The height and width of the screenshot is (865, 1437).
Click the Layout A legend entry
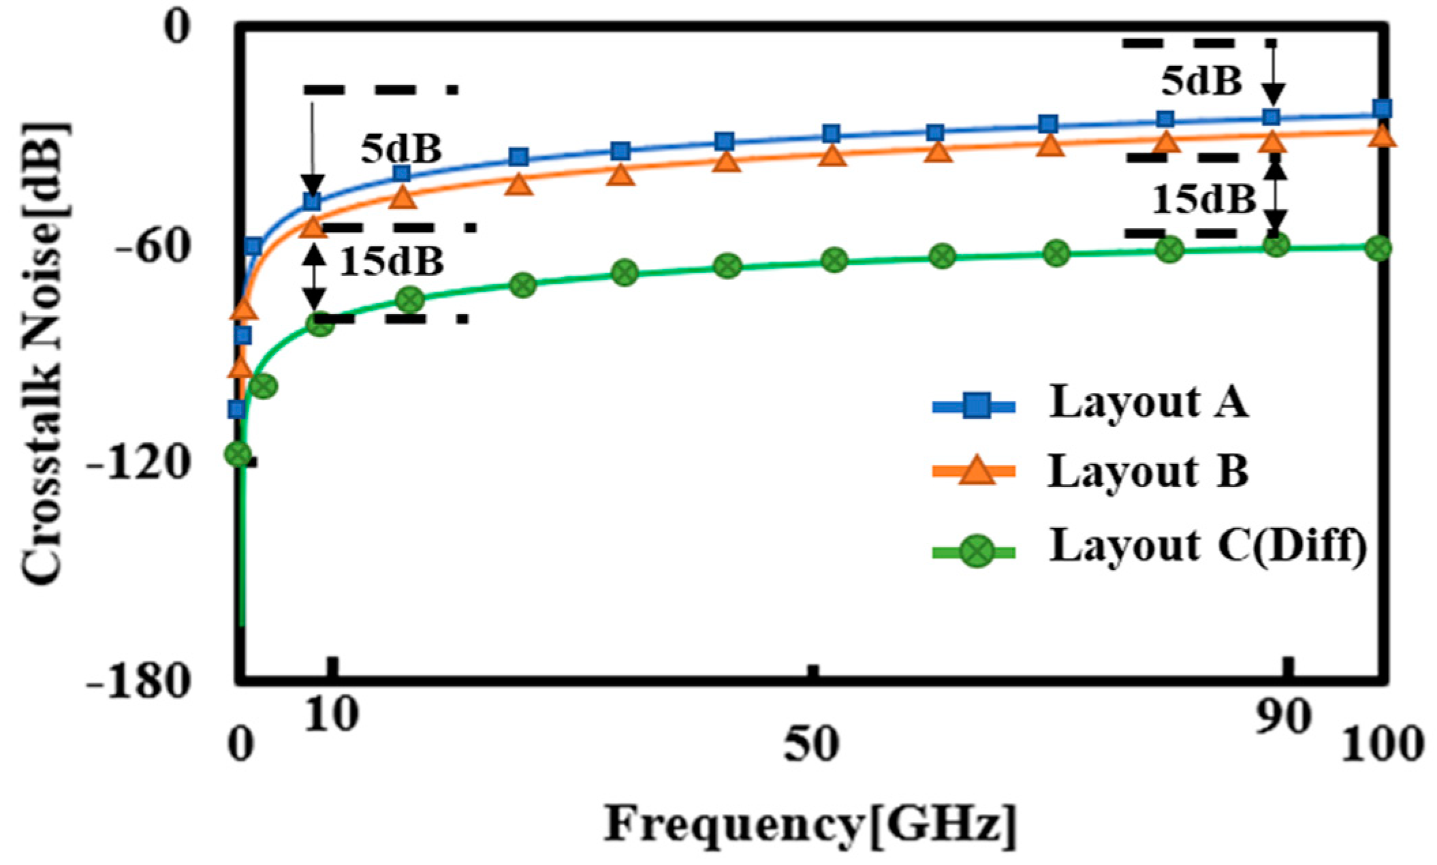coord(1148,403)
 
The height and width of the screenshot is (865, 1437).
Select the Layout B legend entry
coord(1148,471)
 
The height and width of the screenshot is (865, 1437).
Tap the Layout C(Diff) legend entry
coord(1207,546)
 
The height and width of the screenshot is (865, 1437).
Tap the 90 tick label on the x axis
coord(1283,716)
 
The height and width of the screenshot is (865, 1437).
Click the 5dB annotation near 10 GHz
coord(401,149)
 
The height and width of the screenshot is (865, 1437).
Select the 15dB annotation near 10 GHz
coord(392,261)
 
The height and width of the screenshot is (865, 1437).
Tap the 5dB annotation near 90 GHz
coord(1201,82)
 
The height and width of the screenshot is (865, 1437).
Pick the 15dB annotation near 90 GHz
coord(1203,200)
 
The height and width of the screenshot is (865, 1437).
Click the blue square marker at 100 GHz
coord(1382,109)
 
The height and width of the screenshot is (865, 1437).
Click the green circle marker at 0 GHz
coord(238,454)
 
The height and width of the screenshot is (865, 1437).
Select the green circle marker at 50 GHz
coord(834,259)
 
